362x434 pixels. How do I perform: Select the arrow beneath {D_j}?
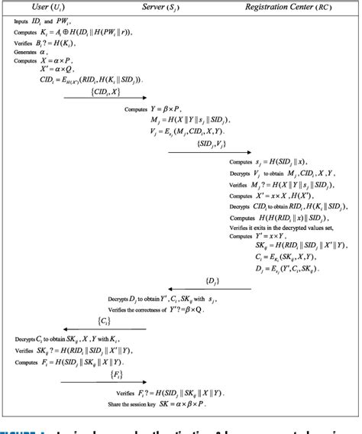pos(213,289)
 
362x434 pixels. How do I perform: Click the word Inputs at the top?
pos(21,22)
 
